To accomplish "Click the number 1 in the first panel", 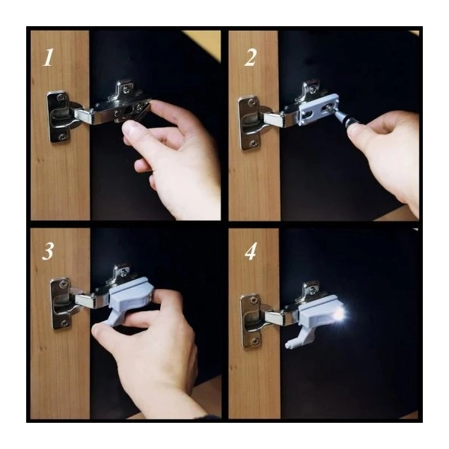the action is (48, 58).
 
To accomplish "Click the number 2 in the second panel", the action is (250, 58).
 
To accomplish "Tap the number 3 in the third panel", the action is (48, 251).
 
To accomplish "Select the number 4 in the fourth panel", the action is (251, 251).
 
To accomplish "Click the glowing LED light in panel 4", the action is (340, 315).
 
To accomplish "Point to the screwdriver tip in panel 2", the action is (331, 109).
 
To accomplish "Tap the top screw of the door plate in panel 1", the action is (61, 97).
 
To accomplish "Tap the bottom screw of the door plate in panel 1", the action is (61, 138).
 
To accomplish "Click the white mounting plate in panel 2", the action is (318, 109).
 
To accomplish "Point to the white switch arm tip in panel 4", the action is (288, 345).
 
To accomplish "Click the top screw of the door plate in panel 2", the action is (251, 102).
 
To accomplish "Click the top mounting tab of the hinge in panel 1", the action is (125, 88).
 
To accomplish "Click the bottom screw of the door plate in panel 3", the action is (64, 323).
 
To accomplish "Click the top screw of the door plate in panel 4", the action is (253, 300).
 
